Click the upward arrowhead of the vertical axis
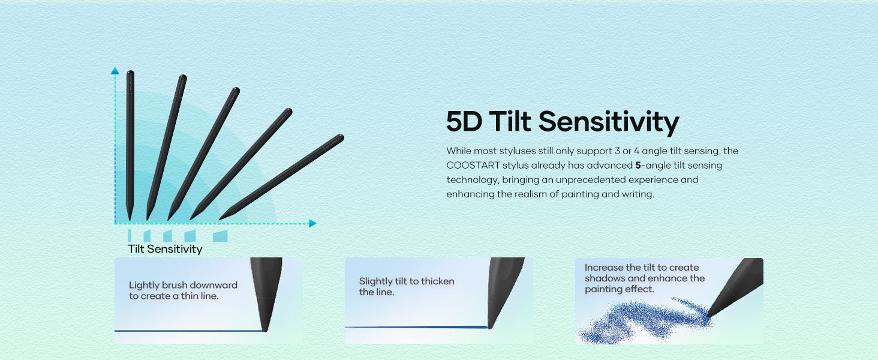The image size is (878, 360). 115,71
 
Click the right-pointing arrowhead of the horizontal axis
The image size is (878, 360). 312,223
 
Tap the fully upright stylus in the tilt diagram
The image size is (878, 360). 130,145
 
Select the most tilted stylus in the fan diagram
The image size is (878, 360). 281,177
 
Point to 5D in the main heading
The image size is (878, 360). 464,121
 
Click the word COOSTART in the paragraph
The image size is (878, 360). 473,165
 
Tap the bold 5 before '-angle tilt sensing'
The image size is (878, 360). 638,165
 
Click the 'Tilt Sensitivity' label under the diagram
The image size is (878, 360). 165,249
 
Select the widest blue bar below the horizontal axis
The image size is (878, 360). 220,236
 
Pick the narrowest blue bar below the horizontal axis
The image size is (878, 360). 130,236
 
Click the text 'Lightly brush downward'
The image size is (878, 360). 183,285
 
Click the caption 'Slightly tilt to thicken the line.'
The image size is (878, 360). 407,287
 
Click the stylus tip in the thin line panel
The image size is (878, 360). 265,329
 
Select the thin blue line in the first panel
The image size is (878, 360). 188,331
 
